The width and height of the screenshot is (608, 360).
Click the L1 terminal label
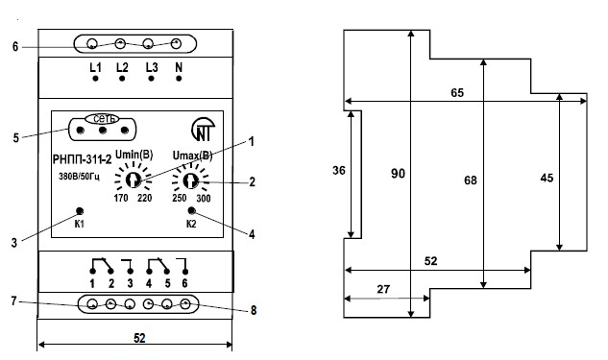coord(95,67)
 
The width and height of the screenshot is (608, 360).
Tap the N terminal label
coord(179,67)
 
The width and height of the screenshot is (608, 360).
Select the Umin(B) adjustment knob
coord(133,180)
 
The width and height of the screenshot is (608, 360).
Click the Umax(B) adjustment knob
coord(190,180)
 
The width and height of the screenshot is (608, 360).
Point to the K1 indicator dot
coord(80,211)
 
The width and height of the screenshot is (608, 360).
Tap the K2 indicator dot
coord(191,211)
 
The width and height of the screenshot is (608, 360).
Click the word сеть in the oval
coord(102,119)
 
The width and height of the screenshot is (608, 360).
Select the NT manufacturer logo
coord(204,130)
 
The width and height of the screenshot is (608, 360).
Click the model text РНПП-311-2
coord(82,159)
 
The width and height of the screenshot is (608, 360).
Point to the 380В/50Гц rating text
coord(80,177)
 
